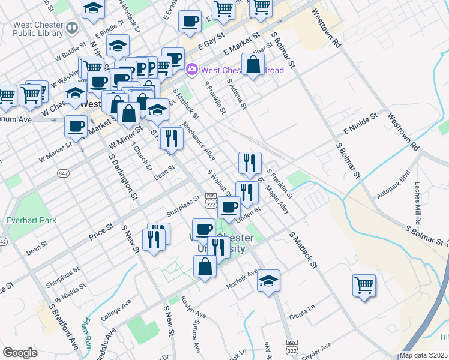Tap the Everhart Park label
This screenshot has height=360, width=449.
tap(31, 220)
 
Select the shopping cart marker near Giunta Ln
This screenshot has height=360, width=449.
tap(364, 284)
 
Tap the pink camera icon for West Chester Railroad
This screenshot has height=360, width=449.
tap(192, 70)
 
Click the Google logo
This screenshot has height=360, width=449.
tap(20, 353)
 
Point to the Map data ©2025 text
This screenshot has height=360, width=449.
tap(424, 355)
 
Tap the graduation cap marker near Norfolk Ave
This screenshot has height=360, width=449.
tap(268, 280)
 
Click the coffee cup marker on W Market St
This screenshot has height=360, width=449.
tap(76, 126)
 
